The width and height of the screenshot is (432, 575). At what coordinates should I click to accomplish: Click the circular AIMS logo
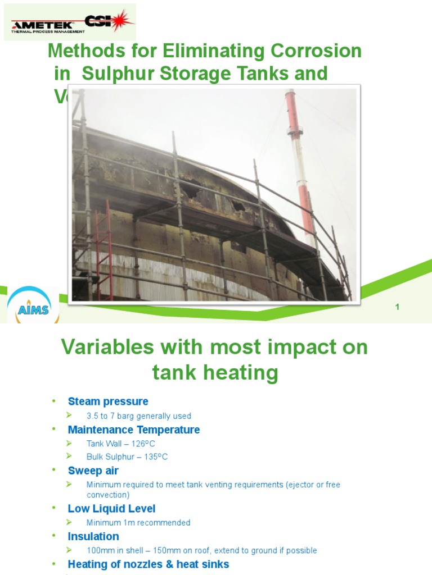[x=33, y=308]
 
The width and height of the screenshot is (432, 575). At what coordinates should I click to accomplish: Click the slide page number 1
[x=397, y=307]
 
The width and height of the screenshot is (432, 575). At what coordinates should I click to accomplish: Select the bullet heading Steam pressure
[x=108, y=401]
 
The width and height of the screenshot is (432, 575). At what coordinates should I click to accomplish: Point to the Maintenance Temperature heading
[x=134, y=430]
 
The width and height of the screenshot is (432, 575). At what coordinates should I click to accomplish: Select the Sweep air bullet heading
[x=93, y=471]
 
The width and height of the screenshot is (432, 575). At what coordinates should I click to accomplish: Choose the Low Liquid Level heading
[x=111, y=509]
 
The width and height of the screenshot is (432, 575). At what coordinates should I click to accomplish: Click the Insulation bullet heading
[x=93, y=536]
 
